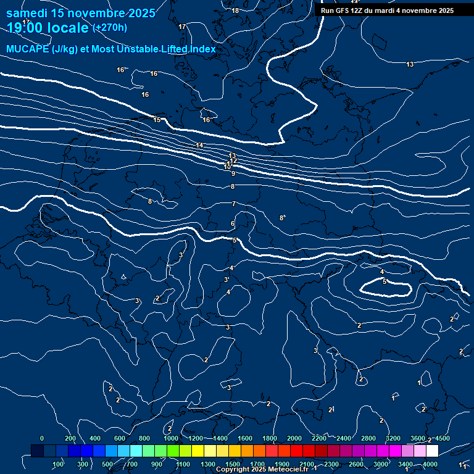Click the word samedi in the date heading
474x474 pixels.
click(x=28, y=13)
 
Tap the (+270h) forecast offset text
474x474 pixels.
click(x=110, y=27)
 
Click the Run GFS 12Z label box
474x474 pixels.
click(x=387, y=10)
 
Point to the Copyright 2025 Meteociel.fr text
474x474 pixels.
click(x=262, y=470)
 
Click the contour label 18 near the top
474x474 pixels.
click(x=235, y=10)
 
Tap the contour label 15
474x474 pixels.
click(x=157, y=120)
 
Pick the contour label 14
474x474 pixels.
click(x=199, y=145)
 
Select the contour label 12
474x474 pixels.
click(x=233, y=161)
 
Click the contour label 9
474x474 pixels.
click(x=233, y=174)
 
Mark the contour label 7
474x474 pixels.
click(x=234, y=204)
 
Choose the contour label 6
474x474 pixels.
click(x=233, y=223)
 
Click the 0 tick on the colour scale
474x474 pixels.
click(x=41, y=438)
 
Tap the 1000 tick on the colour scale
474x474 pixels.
click(x=171, y=438)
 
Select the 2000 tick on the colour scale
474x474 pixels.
click(x=294, y=438)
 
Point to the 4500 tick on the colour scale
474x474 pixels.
click(x=442, y=438)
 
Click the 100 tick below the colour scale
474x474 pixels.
click(x=58, y=464)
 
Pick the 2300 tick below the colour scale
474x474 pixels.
click(x=331, y=464)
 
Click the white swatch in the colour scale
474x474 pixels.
click(x=432, y=451)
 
